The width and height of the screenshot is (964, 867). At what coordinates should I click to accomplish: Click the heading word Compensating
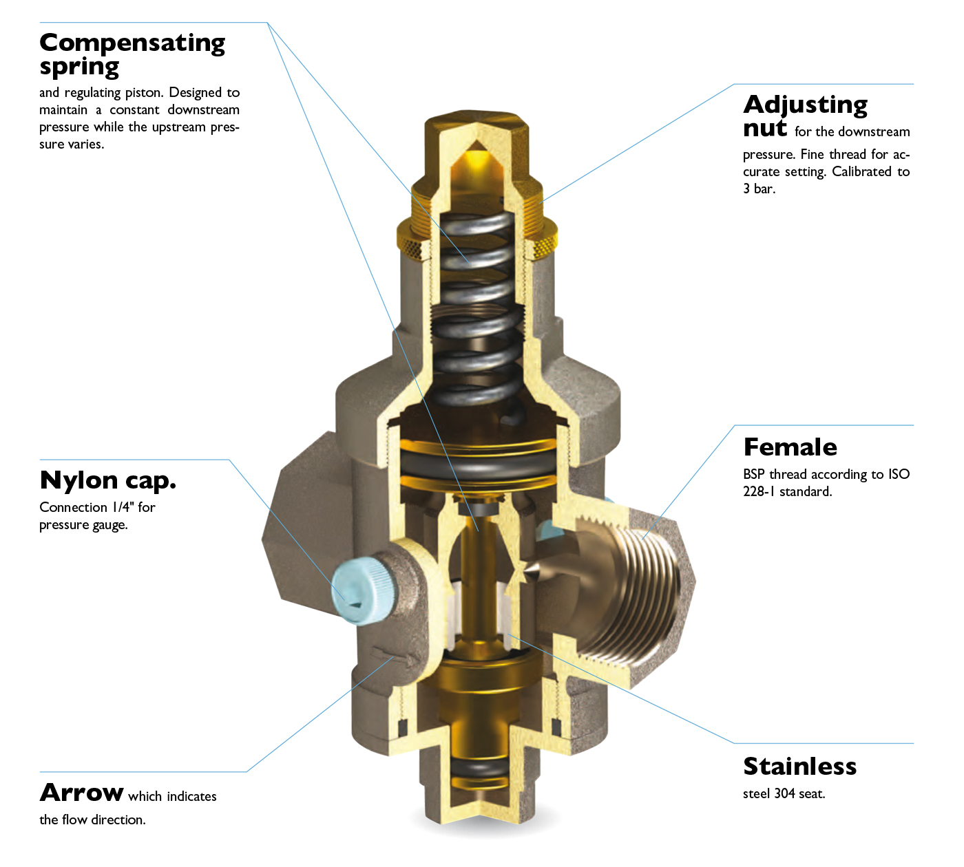click(132, 43)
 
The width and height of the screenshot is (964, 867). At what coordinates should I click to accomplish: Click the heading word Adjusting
click(805, 105)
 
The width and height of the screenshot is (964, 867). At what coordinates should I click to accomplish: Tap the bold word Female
click(790, 447)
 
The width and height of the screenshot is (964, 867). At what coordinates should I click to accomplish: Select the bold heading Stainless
click(799, 766)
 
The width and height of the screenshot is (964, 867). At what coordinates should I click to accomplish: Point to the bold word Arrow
click(82, 793)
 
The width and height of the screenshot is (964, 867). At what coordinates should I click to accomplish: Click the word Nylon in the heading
click(78, 480)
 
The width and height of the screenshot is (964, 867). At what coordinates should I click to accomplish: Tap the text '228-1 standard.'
click(787, 491)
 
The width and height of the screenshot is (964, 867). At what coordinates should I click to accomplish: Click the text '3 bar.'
click(759, 189)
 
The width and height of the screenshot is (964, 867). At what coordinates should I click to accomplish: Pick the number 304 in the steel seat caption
click(784, 793)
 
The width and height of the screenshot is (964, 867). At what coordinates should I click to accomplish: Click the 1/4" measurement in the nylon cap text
click(120, 507)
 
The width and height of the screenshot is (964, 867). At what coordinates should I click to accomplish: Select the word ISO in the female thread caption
click(899, 474)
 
